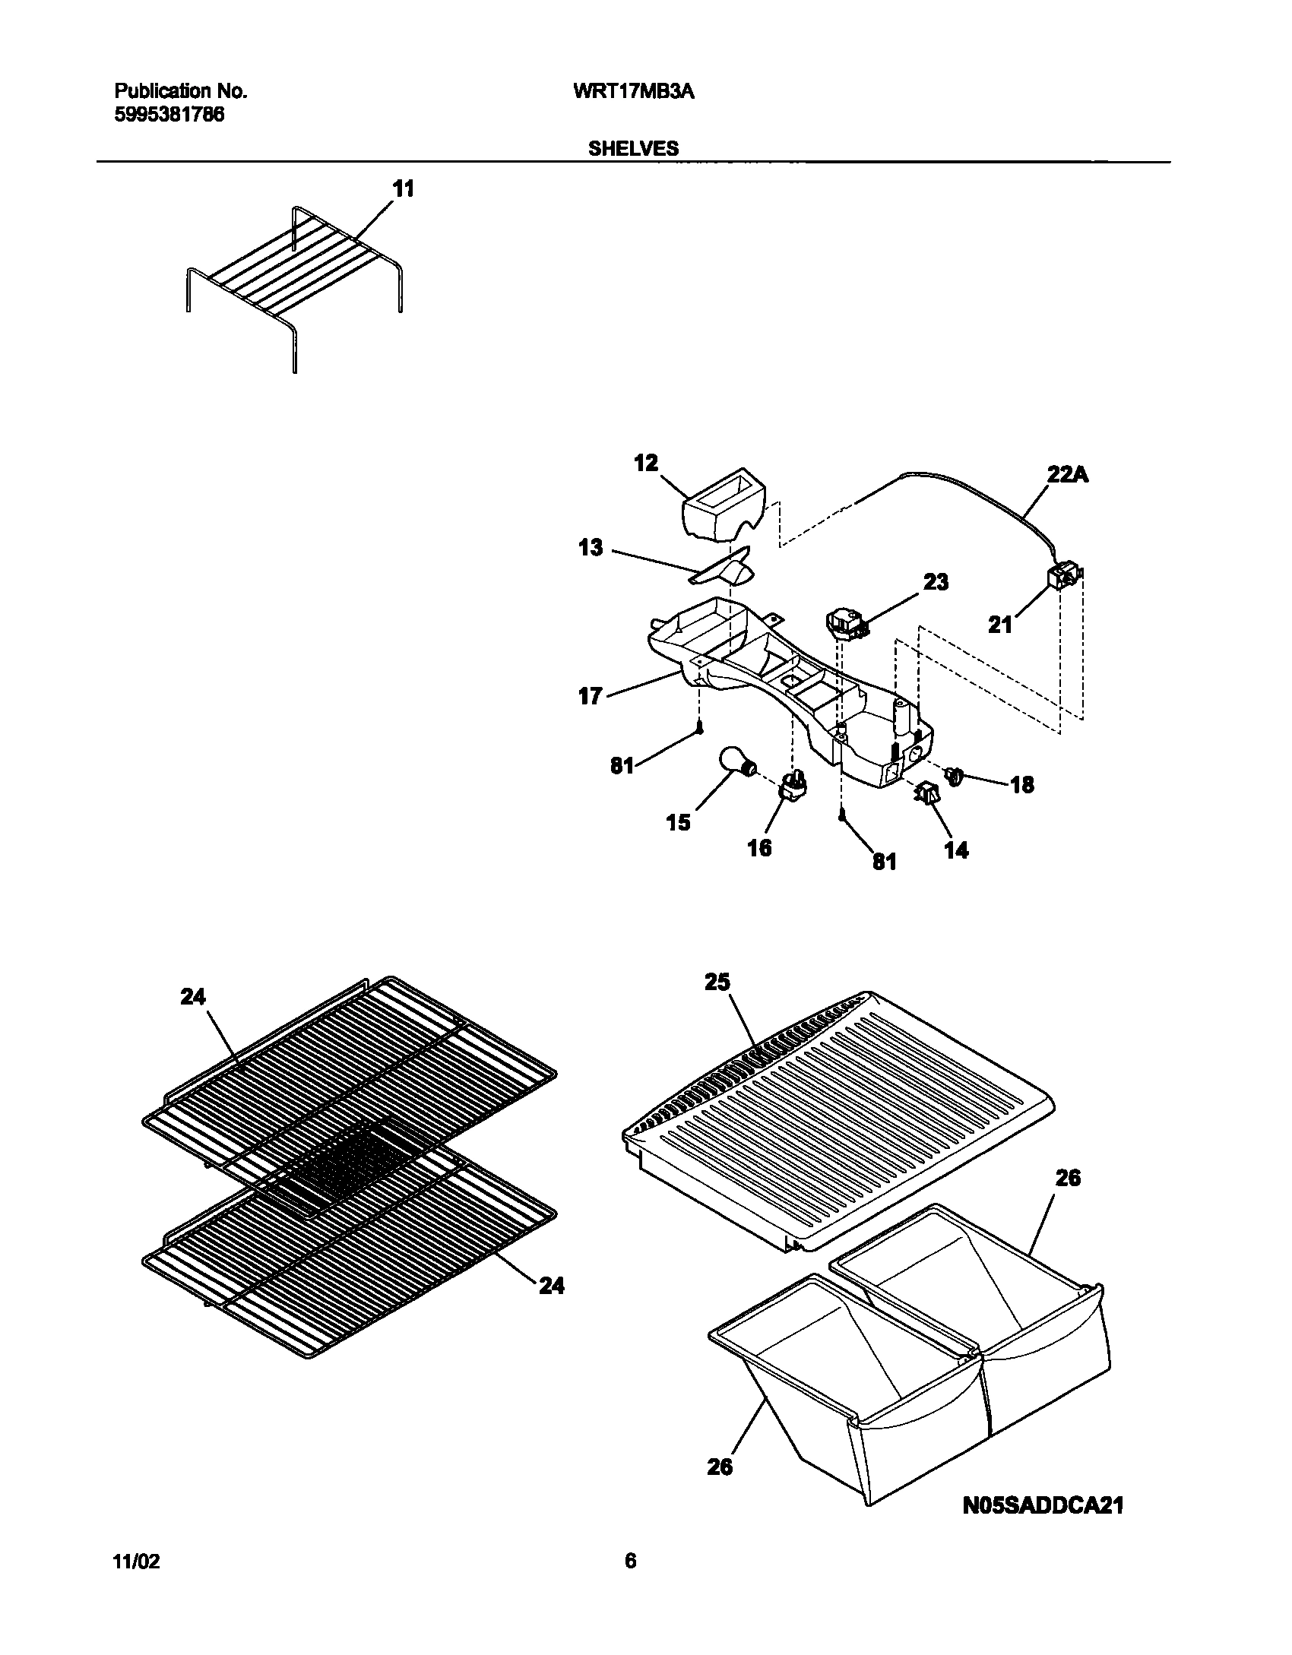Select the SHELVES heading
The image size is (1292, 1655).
pos(633,149)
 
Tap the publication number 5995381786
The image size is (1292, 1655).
pos(169,116)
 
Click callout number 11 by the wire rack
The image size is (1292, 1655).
pos(404,188)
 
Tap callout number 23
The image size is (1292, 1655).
pos(936,582)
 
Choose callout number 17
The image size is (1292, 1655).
pos(591,696)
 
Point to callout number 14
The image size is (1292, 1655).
pos(956,850)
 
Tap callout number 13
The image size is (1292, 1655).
pos(591,547)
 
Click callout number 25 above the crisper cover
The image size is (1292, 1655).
pos(717,983)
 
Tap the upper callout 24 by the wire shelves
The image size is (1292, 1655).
pos(193,996)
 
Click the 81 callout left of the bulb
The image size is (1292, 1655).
pos(622,766)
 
